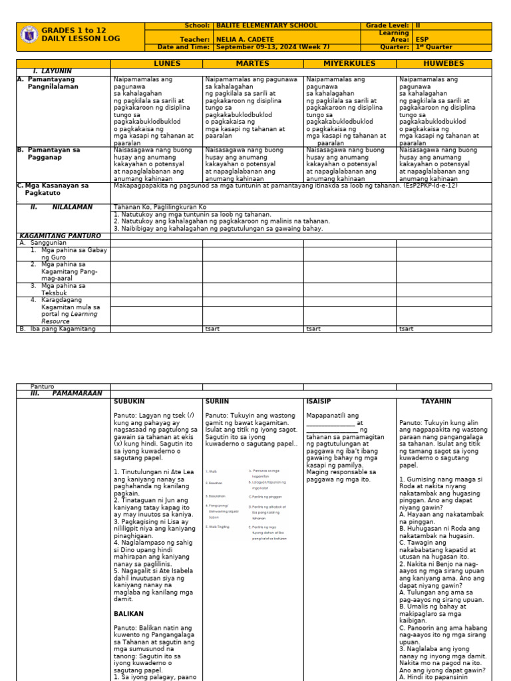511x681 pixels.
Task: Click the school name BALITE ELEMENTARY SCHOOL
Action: point(257,26)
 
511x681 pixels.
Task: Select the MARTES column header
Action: point(252,64)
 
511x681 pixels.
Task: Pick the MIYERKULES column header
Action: point(349,64)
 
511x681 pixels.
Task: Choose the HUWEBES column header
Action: point(444,64)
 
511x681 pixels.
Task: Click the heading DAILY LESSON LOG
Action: point(81,39)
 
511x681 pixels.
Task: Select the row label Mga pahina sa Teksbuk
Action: point(63,289)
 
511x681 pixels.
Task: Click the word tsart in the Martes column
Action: point(212,329)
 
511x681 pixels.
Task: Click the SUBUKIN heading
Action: point(129,402)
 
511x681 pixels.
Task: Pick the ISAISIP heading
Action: point(319,402)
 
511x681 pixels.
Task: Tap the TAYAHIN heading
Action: point(436,402)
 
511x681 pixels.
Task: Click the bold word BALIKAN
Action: point(128,614)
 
